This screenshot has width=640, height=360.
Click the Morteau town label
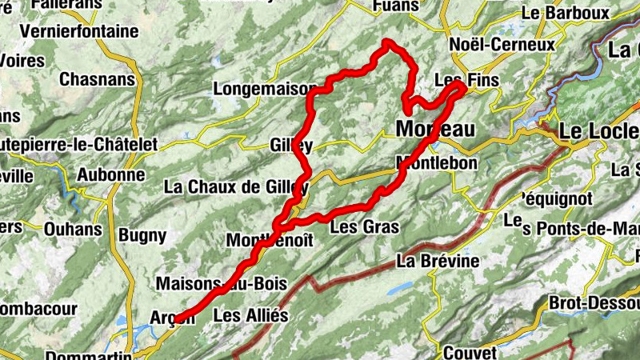click(x=435, y=130)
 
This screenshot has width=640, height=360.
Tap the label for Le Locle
click(x=598, y=131)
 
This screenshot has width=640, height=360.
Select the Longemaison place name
click(x=262, y=89)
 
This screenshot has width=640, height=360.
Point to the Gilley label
click(x=291, y=145)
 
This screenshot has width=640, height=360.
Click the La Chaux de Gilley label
click(x=235, y=187)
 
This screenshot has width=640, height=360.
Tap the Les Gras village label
click(x=364, y=227)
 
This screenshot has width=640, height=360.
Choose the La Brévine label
click(x=438, y=261)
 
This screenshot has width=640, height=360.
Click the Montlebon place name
click(x=437, y=163)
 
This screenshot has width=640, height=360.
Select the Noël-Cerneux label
click(x=502, y=45)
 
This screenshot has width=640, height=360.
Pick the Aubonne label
click(x=111, y=174)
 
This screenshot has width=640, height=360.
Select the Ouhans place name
click(x=72, y=230)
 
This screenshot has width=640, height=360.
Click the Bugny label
click(x=142, y=236)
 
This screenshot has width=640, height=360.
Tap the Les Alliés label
click(x=250, y=315)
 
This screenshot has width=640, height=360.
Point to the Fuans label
click(x=396, y=6)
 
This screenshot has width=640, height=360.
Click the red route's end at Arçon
click(x=177, y=317)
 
